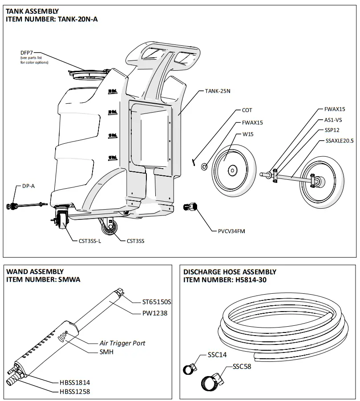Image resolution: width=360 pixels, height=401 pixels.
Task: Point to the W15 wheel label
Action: click(x=247, y=134)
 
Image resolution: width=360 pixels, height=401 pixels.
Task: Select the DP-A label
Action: click(x=28, y=186)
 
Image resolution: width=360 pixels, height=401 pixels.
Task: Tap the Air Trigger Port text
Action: click(x=122, y=343)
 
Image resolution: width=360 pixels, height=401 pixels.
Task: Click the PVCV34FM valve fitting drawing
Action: click(x=190, y=207)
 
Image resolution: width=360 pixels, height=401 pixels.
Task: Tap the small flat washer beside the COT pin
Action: click(x=204, y=166)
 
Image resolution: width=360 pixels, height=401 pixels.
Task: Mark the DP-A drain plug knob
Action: click(x=11, y=206)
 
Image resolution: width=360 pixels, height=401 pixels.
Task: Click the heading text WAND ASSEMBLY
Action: click(x=34, y=271)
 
